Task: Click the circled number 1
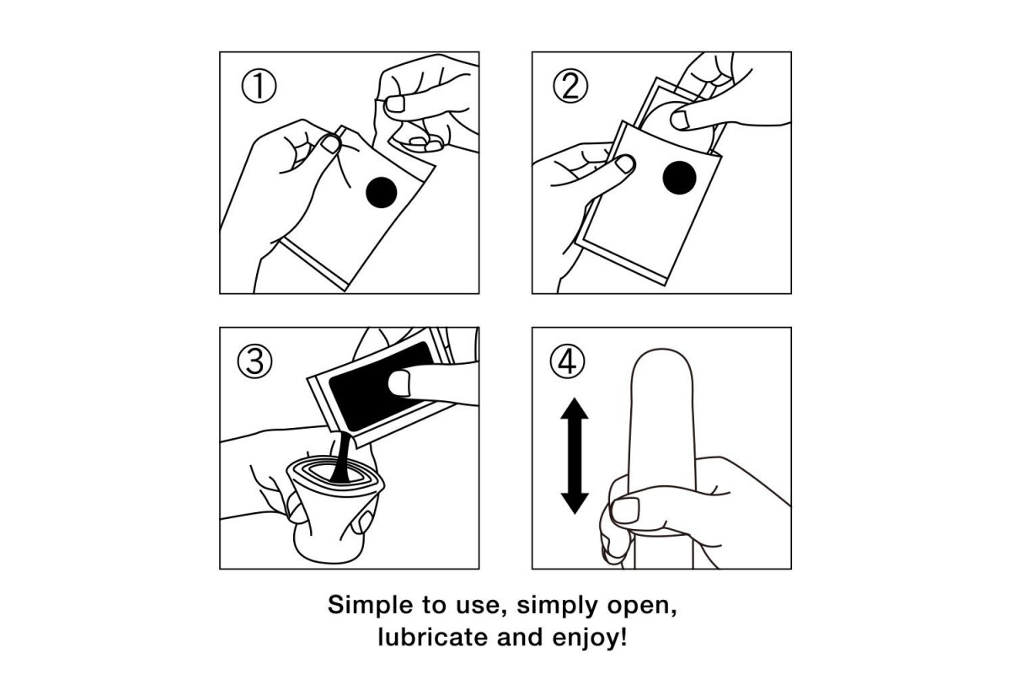259,86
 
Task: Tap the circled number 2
570,86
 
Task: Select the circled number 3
255,361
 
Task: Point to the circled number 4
567,361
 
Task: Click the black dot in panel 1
382,192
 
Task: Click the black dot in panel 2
679,178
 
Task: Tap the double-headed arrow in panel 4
575,456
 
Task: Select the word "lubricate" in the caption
433,637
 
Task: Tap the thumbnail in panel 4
625,511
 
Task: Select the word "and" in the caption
520,637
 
